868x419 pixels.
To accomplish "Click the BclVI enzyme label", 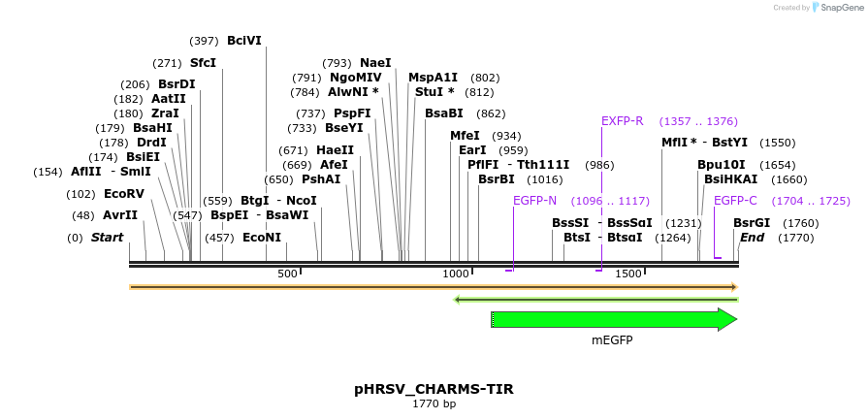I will coord(243,41).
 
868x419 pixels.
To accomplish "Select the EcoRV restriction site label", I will coord(123,194).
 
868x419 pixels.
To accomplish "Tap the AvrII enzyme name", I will coord(120,215).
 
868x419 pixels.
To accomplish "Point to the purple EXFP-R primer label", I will coord(622,121).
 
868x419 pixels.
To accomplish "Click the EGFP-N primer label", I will coord(534,201).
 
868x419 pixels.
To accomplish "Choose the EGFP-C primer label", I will coord(735,201).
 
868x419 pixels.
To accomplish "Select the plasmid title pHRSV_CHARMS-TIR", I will coord(434,389).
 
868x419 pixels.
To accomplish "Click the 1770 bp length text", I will coord(434,403).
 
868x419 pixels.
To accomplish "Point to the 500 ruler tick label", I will coord(288,274).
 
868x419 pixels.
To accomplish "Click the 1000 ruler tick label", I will coord(456,274).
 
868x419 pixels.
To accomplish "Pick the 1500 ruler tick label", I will coord(628,274).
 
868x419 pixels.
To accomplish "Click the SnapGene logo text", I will coord(841,8).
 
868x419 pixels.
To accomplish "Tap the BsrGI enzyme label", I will coord(752,223).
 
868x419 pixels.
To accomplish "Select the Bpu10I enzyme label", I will coord(722,165).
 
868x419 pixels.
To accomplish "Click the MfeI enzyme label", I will coord(465,136).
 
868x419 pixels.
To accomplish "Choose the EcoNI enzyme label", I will coord(262,238).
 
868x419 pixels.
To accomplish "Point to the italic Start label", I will coord(107,238).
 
